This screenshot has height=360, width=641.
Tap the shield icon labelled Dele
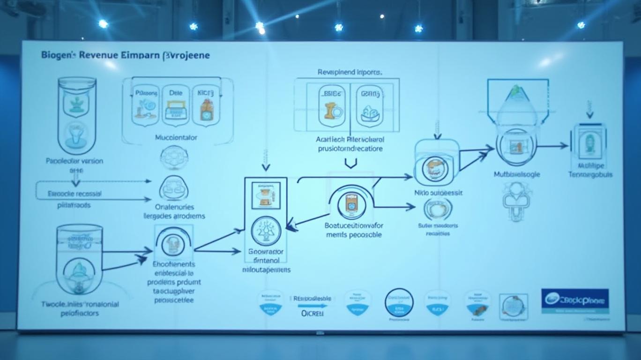pyautogui.click(x=176, y=105)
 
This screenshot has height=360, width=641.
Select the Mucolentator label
pyautogui.click(x=176, y=138)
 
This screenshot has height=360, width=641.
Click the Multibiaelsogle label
pyautogui.click(x=517, y=174)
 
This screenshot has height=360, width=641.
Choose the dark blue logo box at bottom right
pyautogui.click(x=575, y=300)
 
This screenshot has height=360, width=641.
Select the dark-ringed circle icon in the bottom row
pyautogui.click(x=399, y=302)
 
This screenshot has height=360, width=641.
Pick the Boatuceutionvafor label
pyautogui.click(x=354, y=225)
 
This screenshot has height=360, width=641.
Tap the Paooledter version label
pyautogui.click(x=75, y=161)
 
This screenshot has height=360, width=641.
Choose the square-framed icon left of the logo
pyautogui.click(x=514, y=307)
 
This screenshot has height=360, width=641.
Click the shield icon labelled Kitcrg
pyautogui.click(x=206, y=105)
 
